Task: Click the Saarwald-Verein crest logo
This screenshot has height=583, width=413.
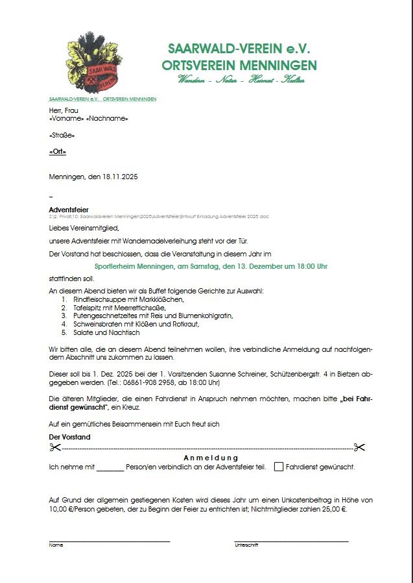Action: click(94, 66)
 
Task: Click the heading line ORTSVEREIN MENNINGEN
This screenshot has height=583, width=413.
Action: click(239, 66)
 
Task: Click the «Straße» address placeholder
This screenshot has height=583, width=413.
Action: click(62, 135)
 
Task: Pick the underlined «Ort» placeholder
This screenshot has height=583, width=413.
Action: click(58, 151)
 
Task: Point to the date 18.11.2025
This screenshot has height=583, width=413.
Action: click(120, 177)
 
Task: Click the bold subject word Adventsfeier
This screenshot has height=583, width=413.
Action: click(68, 210)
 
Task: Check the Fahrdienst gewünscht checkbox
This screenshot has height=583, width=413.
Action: click(279, 466)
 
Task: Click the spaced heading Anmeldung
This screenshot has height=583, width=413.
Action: click(206, 458)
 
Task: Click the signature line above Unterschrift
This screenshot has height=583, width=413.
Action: click(291, 541)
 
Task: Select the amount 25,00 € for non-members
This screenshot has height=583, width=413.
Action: click(335, 510)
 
